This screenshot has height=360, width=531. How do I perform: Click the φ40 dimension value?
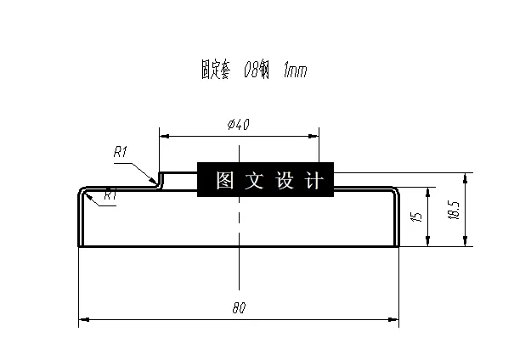pyautogui.click(x=239, y=125)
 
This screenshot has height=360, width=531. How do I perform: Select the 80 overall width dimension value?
pyautogui.click(x=239, y=309)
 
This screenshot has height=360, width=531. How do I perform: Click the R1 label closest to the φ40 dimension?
pyautogui.click(x=120, y=153)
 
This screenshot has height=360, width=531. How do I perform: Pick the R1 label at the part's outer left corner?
pyautogui.click(x=110, y=196)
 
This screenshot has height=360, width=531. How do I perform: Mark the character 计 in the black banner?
pyautogui.click(x=314, y=181)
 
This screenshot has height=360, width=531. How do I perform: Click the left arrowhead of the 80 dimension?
pyautogui.click(x=82, y=321)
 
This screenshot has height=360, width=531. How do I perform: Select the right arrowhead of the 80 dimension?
pyautogui.click(x=393, y=321)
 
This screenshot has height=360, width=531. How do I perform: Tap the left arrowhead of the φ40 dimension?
pyautogui.click(x=164, y=134)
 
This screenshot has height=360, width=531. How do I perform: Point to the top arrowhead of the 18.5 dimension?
pyautogui.click(x=465, y=177)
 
